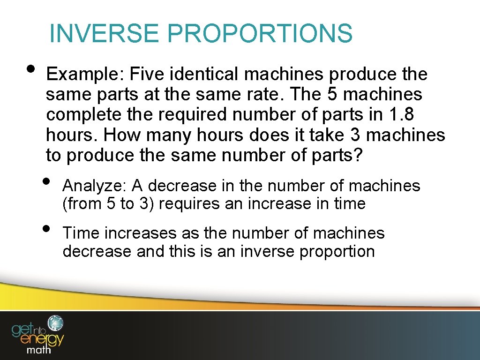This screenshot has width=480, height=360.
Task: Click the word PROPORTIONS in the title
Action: click(x=259, y=33)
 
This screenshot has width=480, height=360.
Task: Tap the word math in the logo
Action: click(x=40, y=350)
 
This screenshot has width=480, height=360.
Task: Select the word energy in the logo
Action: click(x=38, y=338)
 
